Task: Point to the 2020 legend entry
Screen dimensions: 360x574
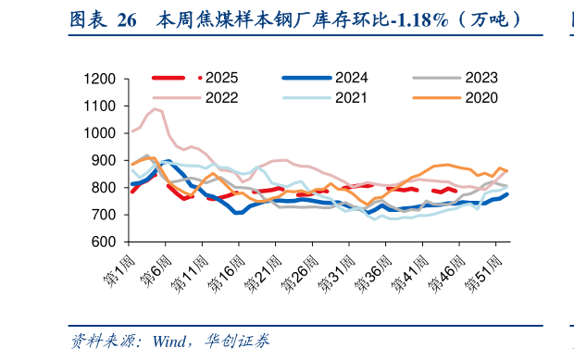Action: pyautogui.click(x=482, y=96)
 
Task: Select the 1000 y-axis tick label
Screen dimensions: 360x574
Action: pyautogui.click(x=97, y=133)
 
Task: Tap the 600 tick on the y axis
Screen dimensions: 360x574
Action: pyautogui.click(x=102, y=242)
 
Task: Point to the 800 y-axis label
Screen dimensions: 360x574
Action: pyautogui.click(x=102, y=188)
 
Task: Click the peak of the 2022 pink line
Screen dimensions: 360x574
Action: pyautogui.click(x=156, y=109)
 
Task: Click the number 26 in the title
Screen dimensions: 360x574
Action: pyautogui.click(x=127, y=19)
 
